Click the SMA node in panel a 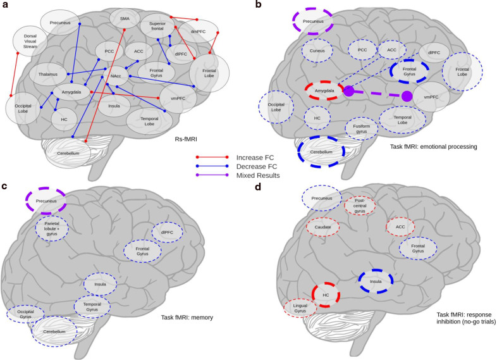[125, 19]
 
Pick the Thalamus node [47, 75]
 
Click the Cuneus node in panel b [316, 49]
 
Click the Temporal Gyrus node [92, 306]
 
